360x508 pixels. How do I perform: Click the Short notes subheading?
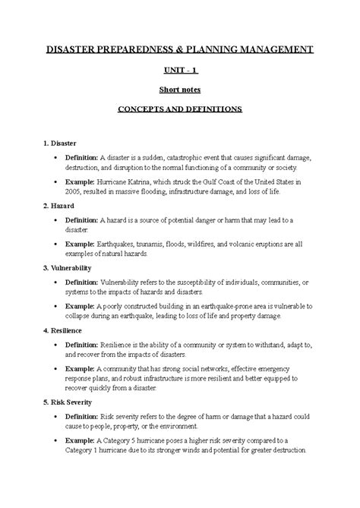click(179, 90)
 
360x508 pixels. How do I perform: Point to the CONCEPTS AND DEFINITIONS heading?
click(179, 109)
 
